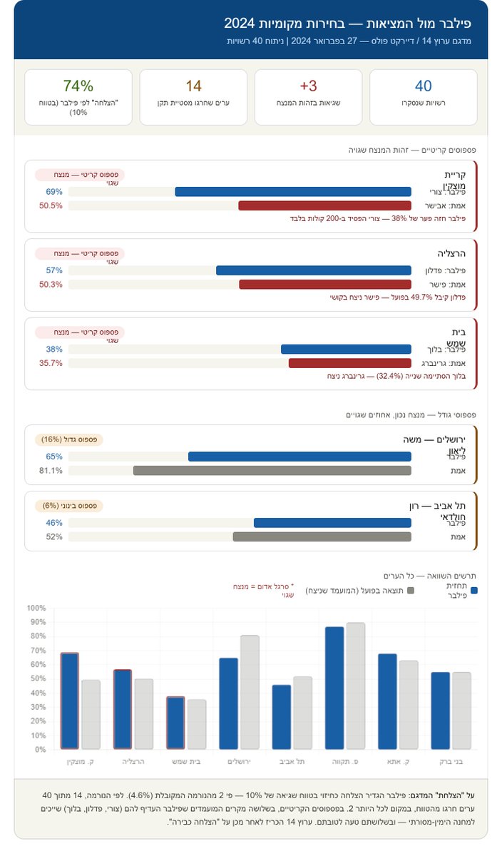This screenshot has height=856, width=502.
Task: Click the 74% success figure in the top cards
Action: (78, 86)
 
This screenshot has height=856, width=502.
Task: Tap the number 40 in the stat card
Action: (424, 86)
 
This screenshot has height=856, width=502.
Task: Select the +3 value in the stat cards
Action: (308, 86)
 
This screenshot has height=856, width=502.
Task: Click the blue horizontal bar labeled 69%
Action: (293, 192)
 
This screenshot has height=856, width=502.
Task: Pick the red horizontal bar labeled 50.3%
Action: (325, 284)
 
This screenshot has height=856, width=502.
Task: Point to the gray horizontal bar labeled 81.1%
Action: (272, 471)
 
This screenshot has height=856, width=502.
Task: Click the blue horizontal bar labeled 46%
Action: (332, 523)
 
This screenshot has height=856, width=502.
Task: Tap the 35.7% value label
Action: (51, 362)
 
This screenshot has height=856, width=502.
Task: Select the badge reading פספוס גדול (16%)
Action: (69, 439)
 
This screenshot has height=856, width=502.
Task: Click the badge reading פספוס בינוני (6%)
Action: (69, 506)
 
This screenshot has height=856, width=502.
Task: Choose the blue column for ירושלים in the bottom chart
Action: (229, 703)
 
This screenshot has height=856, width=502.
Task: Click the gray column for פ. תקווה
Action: (355, 686)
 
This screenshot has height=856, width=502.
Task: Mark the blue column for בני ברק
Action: (440, 710)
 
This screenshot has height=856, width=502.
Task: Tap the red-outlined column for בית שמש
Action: (175, 723)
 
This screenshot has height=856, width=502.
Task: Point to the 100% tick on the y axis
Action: (36, 608)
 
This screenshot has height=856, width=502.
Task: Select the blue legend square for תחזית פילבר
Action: (474, 591)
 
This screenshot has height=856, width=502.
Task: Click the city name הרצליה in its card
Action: (451, 253)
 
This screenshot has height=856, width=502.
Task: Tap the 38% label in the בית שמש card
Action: (54, 350)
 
